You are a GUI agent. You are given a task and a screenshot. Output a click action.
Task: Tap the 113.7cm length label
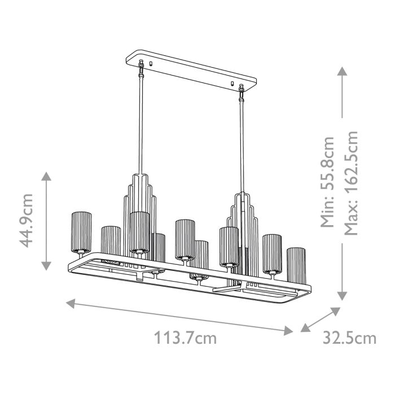pyautogui.click(x=186, y=339)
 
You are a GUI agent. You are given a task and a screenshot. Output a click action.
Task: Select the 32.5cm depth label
pyautogui.click(x=349, y=338)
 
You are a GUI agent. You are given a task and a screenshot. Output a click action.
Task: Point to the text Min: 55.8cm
pyautogui.click(x=328, y=181)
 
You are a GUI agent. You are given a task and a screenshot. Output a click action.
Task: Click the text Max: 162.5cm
pyautogui.click(x=351, y=183)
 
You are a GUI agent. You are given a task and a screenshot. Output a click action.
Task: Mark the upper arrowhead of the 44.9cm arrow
pyautogui.click(x=47, y=175)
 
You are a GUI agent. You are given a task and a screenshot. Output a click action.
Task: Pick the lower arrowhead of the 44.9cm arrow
pyautogui.click(x=47, y=265)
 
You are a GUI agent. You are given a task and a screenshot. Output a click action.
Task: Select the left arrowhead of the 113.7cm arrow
pyautogui.click(x=71, y=303)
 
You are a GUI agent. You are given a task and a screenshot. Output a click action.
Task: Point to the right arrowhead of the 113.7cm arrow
pyautogui.click(x=289, y=330)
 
